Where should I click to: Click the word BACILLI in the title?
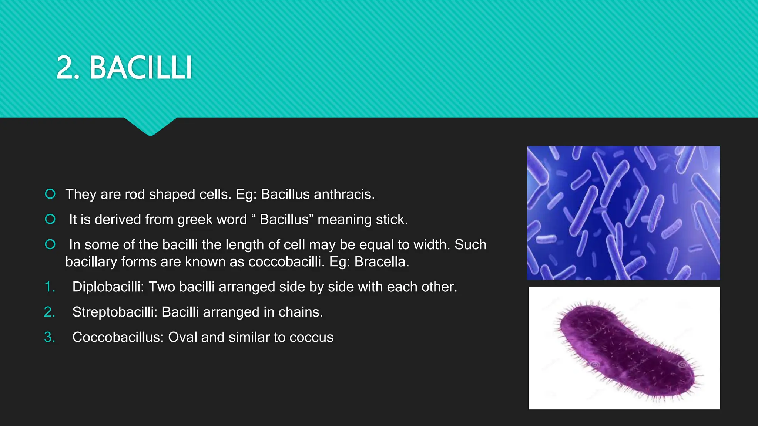coord(141,68)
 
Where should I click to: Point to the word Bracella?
coord(381,262)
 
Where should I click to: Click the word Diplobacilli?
coord(108,287)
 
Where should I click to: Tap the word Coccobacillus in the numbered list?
coord(118,337)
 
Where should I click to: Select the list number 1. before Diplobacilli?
coord(50,287)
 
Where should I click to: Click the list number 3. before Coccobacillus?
coord(50,337)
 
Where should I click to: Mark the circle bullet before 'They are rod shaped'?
coord(50,194)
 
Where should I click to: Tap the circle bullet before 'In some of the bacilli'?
coord(50,244)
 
